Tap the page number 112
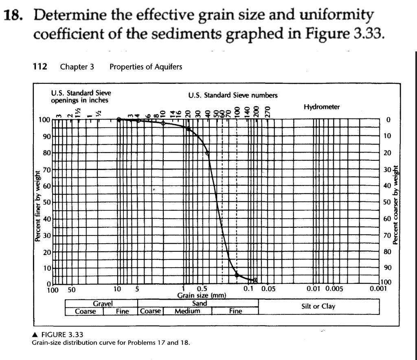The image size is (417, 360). click(x=40, y=66)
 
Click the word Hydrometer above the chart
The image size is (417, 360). click(x=321, y=107)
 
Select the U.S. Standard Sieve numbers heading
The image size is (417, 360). click(x=233, y=95)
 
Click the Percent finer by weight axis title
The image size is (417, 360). click(x=37, y=206)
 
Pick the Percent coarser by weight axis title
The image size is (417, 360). click(x=395, y=206)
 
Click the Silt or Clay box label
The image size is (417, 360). click(x=318, y=306)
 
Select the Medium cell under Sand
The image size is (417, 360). click(x=187, y=311)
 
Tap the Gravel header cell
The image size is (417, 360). click(x=103, y=303)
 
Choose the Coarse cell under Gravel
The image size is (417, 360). click(x=85, y=311)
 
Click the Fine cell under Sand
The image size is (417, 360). click(x=235, y=311)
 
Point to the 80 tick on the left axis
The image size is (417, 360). click(x=46, y=153)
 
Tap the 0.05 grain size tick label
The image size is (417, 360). click(x=268, y=289)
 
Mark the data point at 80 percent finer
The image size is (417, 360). click(x=208, y=153)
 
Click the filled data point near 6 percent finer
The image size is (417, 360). click(x=237, y=275)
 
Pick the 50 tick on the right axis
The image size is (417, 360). click(x=387, y=202)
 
